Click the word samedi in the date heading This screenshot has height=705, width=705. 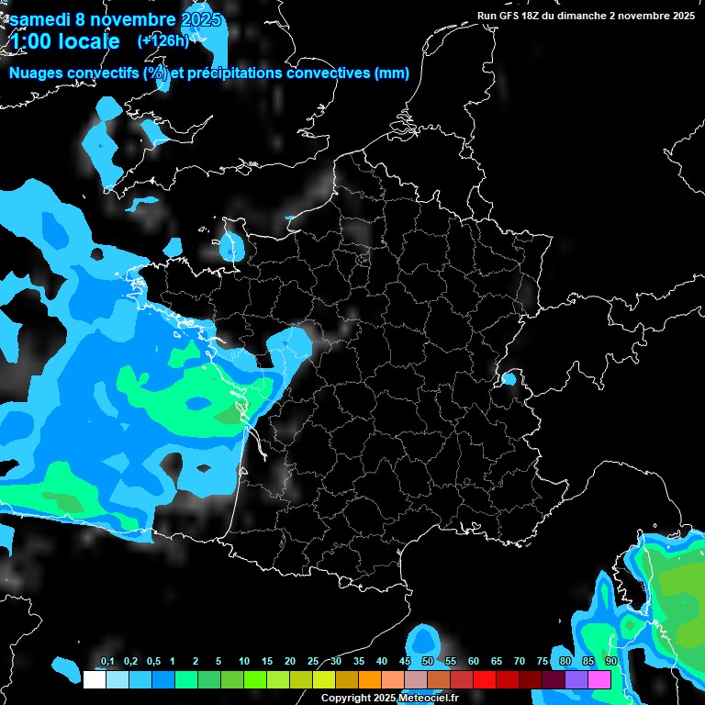pos(44,18)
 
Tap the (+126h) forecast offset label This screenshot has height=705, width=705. pos(162,40)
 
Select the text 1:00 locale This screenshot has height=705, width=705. pos(65,41)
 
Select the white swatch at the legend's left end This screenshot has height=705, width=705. pos(94,680)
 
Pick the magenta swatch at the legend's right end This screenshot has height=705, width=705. pos(599,680)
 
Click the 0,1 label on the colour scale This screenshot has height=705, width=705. pos(106,662)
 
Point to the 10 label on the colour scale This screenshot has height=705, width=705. pos(243,662)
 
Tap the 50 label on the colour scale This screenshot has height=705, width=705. pos(427,662)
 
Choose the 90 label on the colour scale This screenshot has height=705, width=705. pos(610,662)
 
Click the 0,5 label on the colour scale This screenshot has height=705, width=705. pos(153,662)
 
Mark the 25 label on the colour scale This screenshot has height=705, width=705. pos(312,662)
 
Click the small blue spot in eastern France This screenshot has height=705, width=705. pos(509,378)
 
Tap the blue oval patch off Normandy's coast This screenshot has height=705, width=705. pos(232,246)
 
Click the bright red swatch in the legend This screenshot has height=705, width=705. pos(485,680)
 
